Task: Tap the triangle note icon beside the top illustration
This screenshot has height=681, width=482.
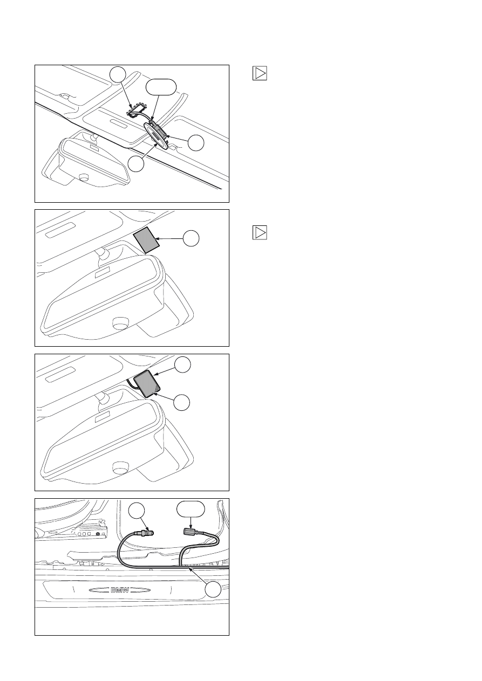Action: (x=260, y=73)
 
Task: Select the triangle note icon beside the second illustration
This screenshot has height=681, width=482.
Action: (x=260, y=232)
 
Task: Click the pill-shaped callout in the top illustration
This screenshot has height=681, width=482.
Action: (x=161, y=87)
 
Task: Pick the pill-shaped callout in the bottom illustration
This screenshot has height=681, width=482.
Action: (x=191, y=509)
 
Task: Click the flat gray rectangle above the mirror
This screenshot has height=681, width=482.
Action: (x=146, y=240)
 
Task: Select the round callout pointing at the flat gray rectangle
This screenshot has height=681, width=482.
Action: (x=191, y=238)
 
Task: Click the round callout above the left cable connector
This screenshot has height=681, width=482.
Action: (x=137, y=511)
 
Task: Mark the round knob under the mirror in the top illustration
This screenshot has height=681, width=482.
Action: (x=83, y=177)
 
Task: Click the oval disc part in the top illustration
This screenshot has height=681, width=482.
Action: (x=156, y=134)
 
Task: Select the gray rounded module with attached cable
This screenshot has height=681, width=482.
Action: (x=147, y=383)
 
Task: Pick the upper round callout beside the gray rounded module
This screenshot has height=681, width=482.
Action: (x=182, y=364)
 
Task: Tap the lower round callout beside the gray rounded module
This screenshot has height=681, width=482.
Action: (x=182, y=403)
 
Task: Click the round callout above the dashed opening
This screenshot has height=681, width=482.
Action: (x=118, y=74)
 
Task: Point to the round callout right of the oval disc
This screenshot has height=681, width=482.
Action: (x=196, y=142)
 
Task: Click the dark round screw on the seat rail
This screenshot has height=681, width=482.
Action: (x=98, y=534)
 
